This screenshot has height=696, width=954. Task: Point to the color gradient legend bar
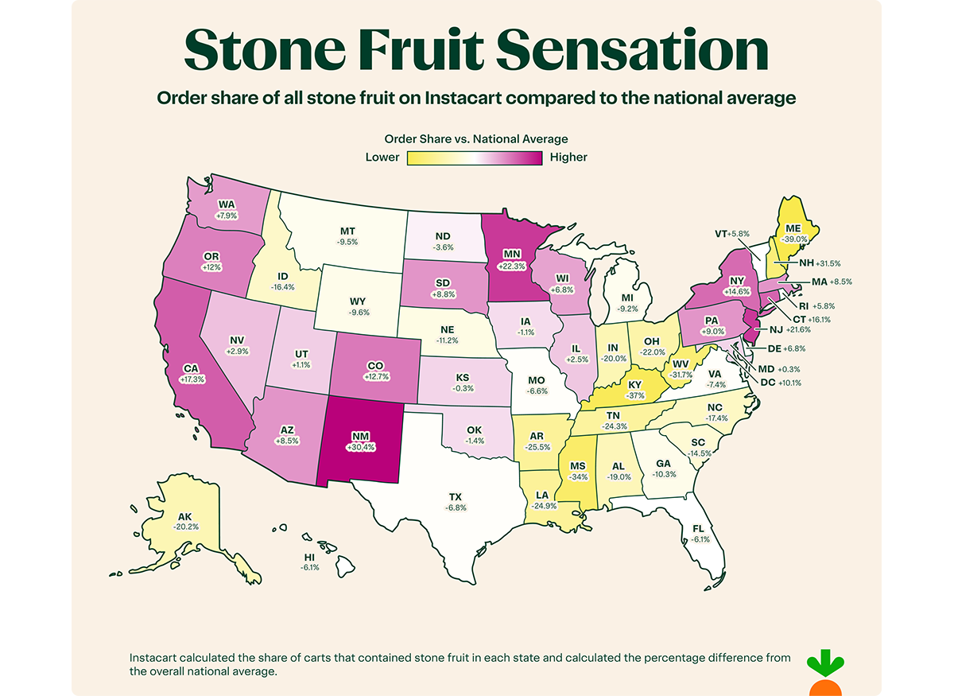(x=475, y=157)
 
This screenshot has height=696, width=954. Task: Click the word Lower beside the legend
(x=382, y=157)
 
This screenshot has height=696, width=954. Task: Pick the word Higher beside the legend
(x=568, y=157)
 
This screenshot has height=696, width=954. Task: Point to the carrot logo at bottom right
(x=824, y=673)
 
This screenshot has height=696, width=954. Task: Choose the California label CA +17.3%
(x=192, y=374)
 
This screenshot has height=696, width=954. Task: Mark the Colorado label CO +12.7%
(x=377, y=371)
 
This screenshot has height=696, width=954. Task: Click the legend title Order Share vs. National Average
(x=475, y=139)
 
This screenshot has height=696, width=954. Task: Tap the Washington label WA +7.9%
(x=227, y=208)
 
